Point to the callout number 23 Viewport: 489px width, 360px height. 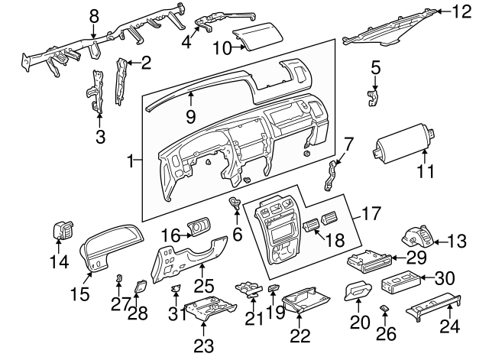tap(203, 345)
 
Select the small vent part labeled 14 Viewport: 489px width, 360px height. tap(60, 230)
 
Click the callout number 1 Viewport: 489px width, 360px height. tap(131, 161)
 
